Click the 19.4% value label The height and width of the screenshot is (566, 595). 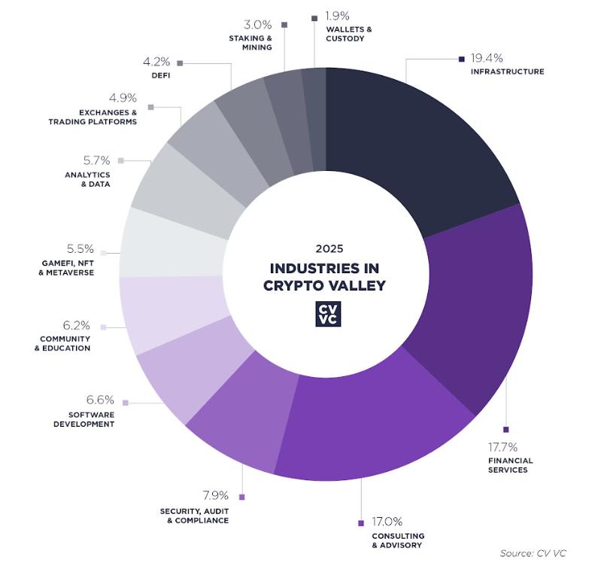(487, 58)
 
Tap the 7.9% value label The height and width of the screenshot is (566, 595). (217, 496)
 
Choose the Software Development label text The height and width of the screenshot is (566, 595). (83, 419)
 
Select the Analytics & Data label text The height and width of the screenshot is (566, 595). (87, 179)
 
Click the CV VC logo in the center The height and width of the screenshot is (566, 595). (327, 313)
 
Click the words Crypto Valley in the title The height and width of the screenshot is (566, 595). (324, 285)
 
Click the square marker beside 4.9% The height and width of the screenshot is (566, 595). (150, 108)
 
